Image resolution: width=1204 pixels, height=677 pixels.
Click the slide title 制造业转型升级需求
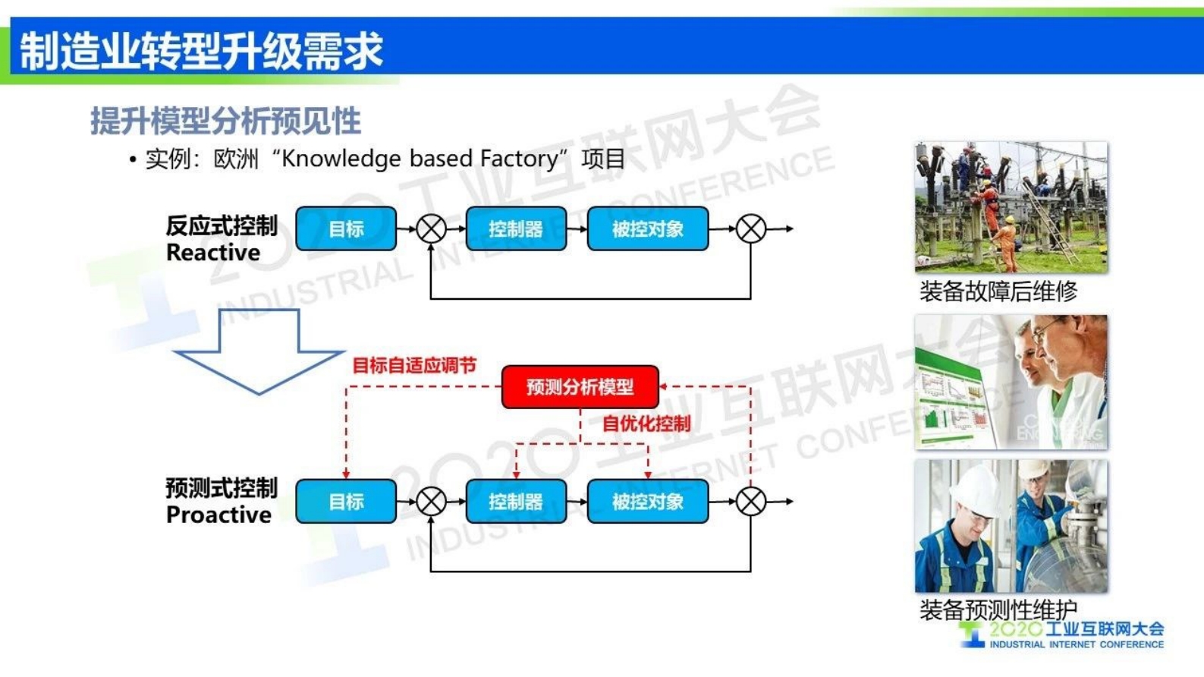tap(201, 50)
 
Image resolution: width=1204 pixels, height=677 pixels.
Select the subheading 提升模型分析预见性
tap(225, 121)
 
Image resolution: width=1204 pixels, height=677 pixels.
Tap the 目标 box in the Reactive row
tap(346, 228)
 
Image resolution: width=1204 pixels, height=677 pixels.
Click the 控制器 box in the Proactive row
tap(516, 502)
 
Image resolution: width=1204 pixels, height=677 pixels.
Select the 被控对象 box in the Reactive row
tap(648, 228)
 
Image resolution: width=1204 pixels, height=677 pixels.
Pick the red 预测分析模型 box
tap(580, 387)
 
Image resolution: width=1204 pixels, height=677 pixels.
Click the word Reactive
tap(212, 253)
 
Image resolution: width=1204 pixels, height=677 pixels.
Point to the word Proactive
tap(218, 515)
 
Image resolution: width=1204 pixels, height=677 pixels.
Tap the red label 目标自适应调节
tap(414, 366)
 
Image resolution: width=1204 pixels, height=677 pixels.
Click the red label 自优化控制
tap(646, 424)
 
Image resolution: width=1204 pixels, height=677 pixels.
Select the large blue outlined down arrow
tap(259, 353)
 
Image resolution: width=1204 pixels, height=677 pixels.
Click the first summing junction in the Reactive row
tap(432, 228)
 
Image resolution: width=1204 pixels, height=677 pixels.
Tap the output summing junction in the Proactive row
tap(751, 502)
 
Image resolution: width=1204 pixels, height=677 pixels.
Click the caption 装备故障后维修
tap(998, 291)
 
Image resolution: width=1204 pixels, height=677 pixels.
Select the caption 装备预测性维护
tap(998, 609)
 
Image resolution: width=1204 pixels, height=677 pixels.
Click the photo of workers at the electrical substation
tap(1011, 207)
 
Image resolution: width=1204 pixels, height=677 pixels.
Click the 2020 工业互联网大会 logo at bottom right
tap(1062, 635)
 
